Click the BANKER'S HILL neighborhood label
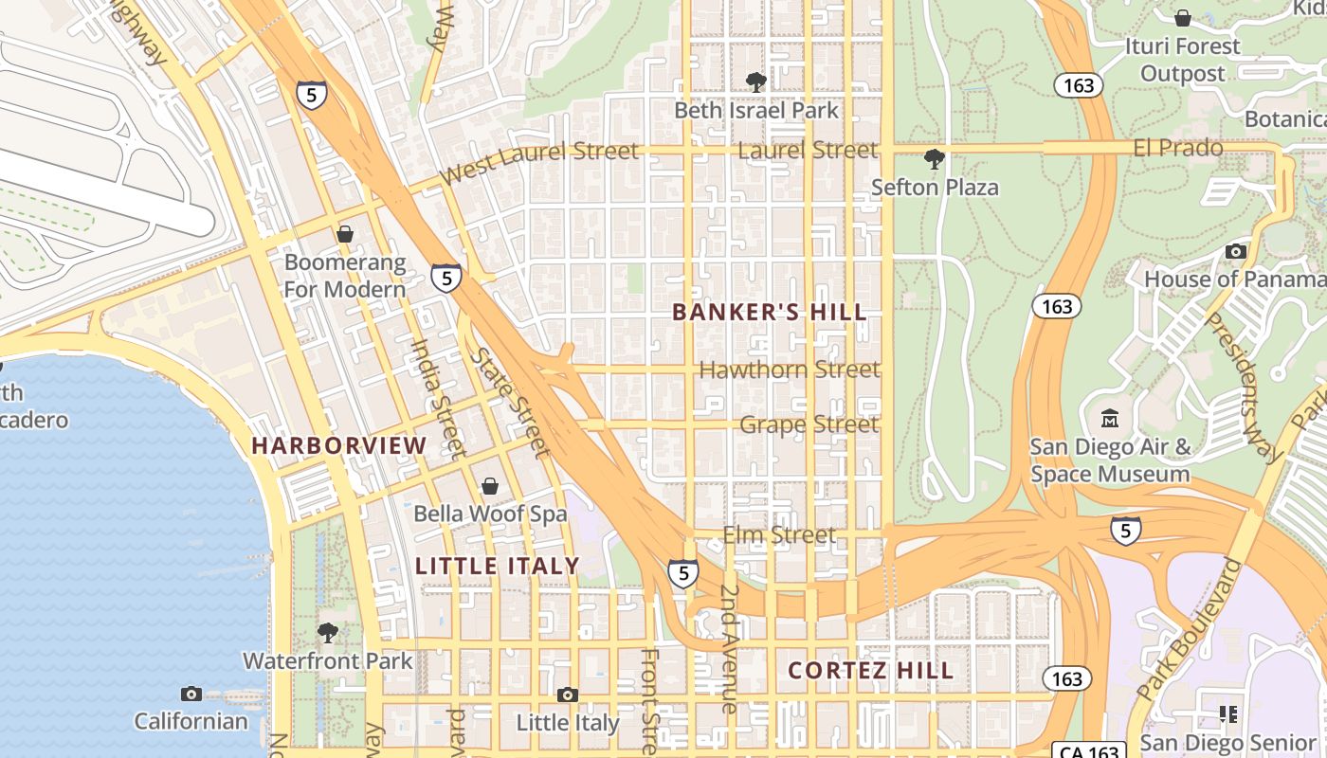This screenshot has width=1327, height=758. (x=770, y=312)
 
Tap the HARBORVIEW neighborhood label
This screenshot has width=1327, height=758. (x=339, y=445)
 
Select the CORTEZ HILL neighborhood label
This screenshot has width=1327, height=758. (x=870, y=671)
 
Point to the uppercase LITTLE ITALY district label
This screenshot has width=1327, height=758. (x=497, y=567)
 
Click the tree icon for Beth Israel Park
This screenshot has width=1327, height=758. (x=755, y=82)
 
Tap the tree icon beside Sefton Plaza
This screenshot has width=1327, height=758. (x=934, y=159)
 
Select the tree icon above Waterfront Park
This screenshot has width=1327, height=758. (x=328, y=632)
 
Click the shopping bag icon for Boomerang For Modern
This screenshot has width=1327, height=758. (x=345, y=234)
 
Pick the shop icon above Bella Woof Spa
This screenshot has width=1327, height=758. (x=490, y=486)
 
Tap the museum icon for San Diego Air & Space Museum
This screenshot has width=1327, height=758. (x=1110, y=418)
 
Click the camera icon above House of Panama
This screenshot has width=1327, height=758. (x=1235, y=251)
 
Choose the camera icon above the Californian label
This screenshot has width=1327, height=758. (x=191, y=694)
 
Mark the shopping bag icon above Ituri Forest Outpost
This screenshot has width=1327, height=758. (x=1182, y=18)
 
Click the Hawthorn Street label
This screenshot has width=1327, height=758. (x=789, y=370)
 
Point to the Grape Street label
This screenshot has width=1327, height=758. (x=809, y=424)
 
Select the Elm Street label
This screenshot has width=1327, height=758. (x=779, y=535)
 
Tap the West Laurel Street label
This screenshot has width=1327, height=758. (x=539, y=162)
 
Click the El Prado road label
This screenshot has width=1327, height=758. (x=1178, y=148)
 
